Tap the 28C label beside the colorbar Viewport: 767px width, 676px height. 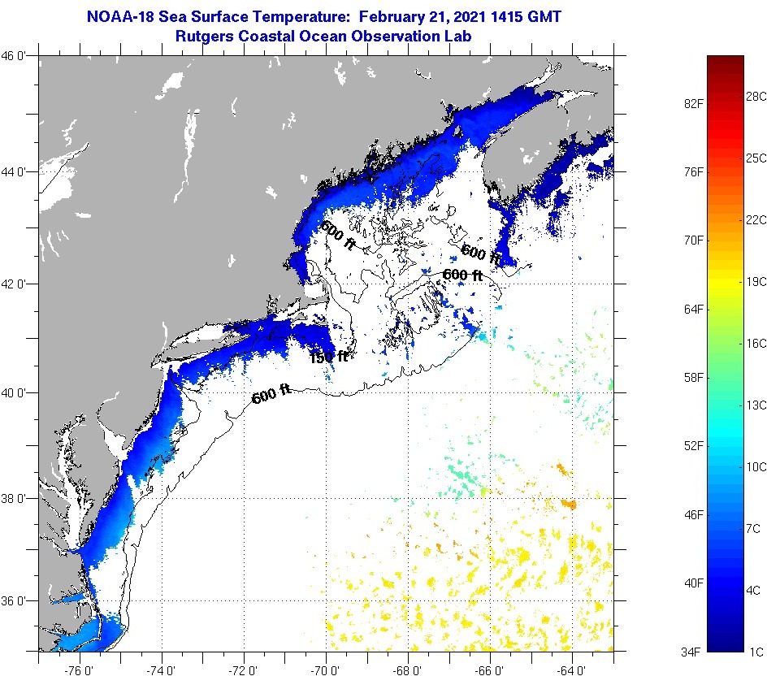point(756,97)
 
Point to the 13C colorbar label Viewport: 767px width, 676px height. point(756,405)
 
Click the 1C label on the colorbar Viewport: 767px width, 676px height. point(754,651)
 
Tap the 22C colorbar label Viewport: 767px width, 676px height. point(756,219)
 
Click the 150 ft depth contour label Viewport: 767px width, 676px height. point(328,357)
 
